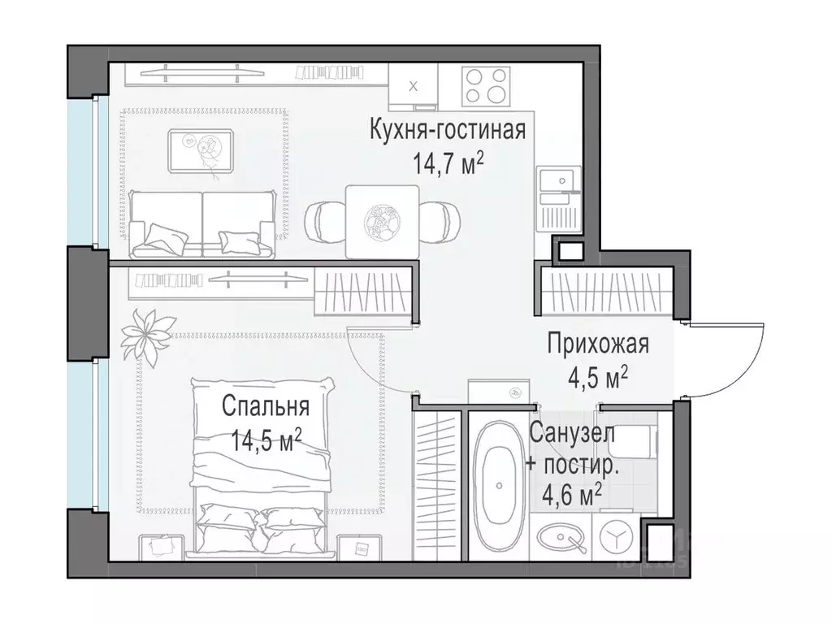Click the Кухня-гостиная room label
pyautogui.click(x=447, y=129)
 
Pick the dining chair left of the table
pyautogui.click(x=324, y=219)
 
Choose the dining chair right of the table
pyautogui.click(x=440, y=219)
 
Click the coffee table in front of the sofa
pyautogui.click(x=202, y=151)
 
